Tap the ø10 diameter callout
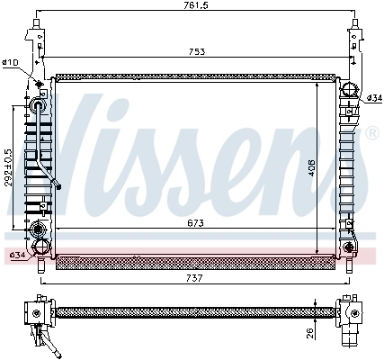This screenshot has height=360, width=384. (11, 62)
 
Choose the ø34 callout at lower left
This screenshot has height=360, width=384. (16, 256)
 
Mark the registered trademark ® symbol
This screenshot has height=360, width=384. (371, 133)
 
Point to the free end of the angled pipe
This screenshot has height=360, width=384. (58, 188)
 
